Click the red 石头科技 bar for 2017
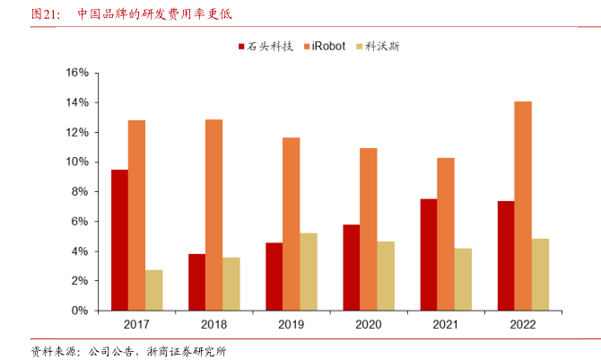(x=119, y=240)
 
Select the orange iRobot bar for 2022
(x=522, y=206)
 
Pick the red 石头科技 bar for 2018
(x=196, y=282)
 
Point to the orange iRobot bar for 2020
(x=368, y=229)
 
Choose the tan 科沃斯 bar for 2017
(x=153, y=290)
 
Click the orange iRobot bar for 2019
(x=291, y=224)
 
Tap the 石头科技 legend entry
(x=265, y=46)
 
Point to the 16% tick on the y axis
(x=75, y=73)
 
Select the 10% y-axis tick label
(x=75, y=162)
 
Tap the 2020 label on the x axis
(x=368, y=324)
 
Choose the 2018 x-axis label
(x=213, y=324)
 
